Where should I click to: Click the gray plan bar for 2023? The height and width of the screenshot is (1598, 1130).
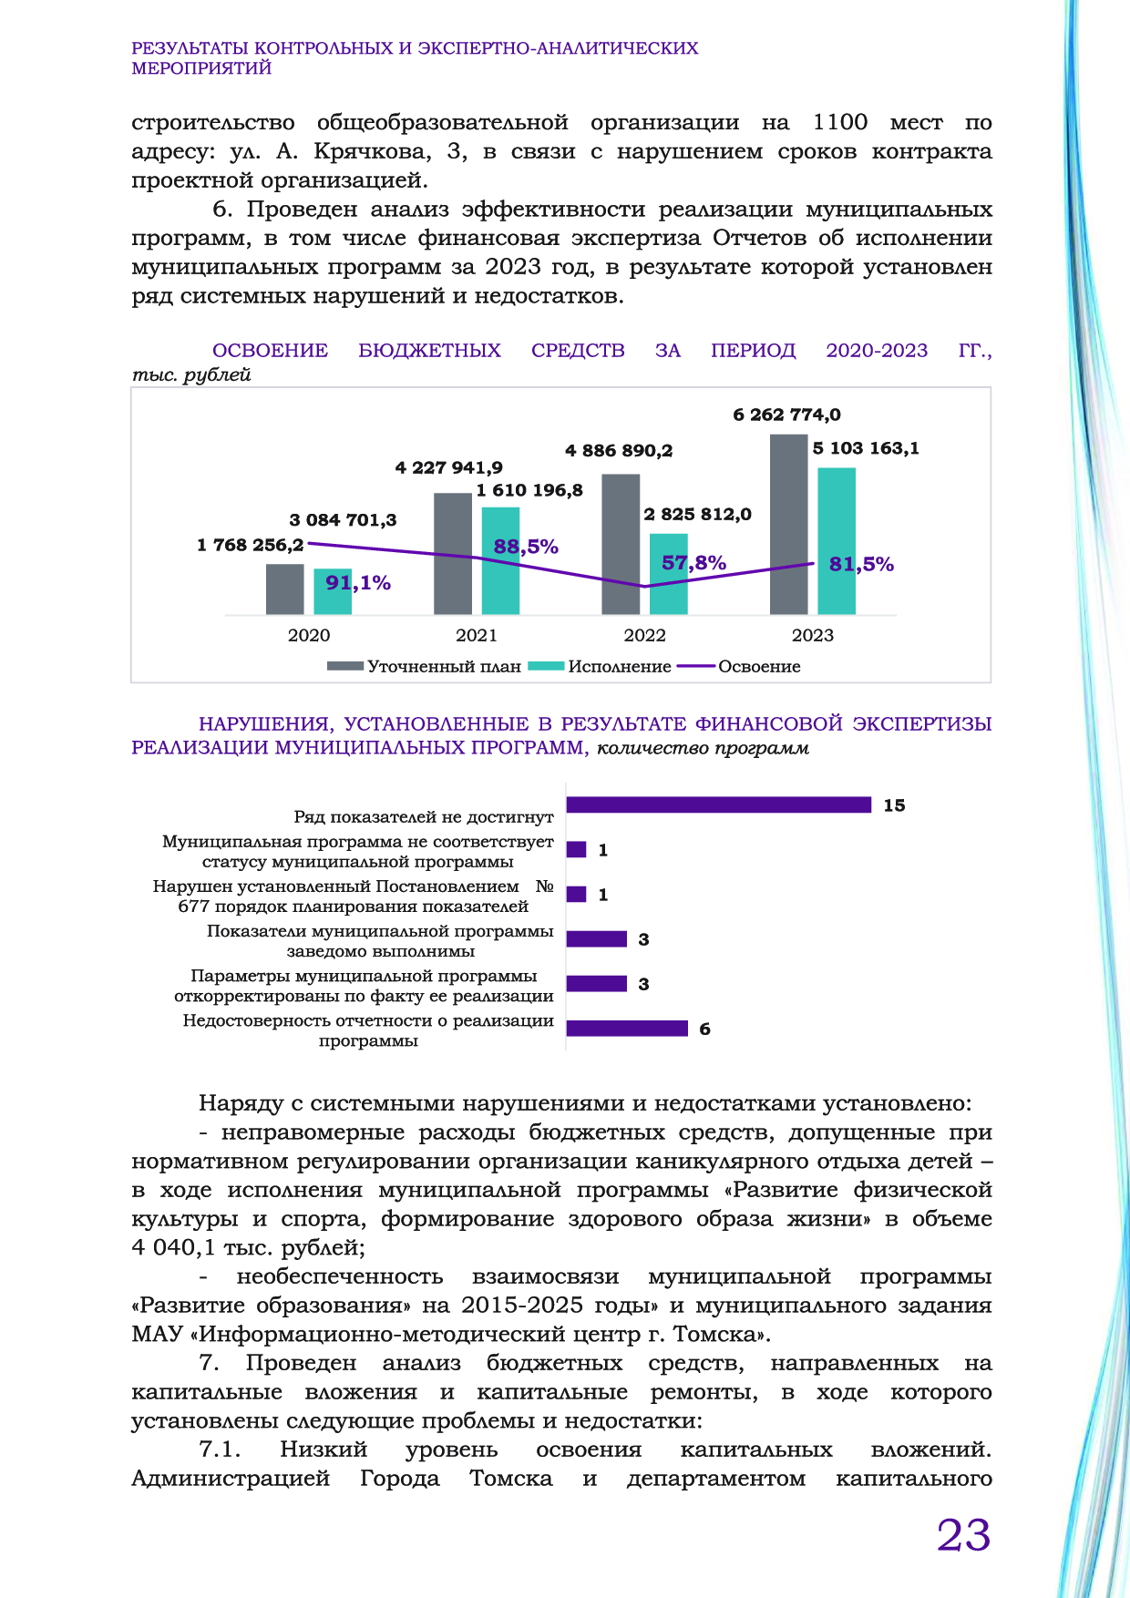[x=788, y=524]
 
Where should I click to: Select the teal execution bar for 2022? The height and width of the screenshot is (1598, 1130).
[x=668, y=574]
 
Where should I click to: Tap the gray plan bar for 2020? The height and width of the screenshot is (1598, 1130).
[x=284, y=589]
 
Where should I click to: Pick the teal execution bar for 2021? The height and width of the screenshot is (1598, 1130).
[x=500, y=560]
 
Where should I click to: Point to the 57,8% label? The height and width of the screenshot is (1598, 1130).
[x=693, y=563]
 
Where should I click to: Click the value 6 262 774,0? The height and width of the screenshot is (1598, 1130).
[x=786, y=415]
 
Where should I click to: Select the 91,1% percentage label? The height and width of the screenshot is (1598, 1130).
[x=358, y=583]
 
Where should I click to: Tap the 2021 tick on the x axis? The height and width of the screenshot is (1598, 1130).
[x=477, y=635]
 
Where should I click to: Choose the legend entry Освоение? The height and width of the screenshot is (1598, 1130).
[x=759, y=666]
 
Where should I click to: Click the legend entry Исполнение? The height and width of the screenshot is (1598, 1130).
[x=620, y=666]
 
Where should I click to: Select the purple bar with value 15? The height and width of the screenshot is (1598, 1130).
[x=718, y=804]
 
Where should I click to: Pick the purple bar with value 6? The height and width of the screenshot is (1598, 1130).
[x=627, y=1029]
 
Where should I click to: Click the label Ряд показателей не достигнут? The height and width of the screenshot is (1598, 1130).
[x=424, y=817]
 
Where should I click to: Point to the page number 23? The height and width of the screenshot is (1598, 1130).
[x=963, y=1535]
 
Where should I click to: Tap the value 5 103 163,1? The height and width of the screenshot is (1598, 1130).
[x=866, y=448]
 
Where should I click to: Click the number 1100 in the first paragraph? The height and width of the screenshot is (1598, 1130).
[x=839, y=122]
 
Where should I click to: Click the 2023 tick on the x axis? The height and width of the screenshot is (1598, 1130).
[x=812, y=635]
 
